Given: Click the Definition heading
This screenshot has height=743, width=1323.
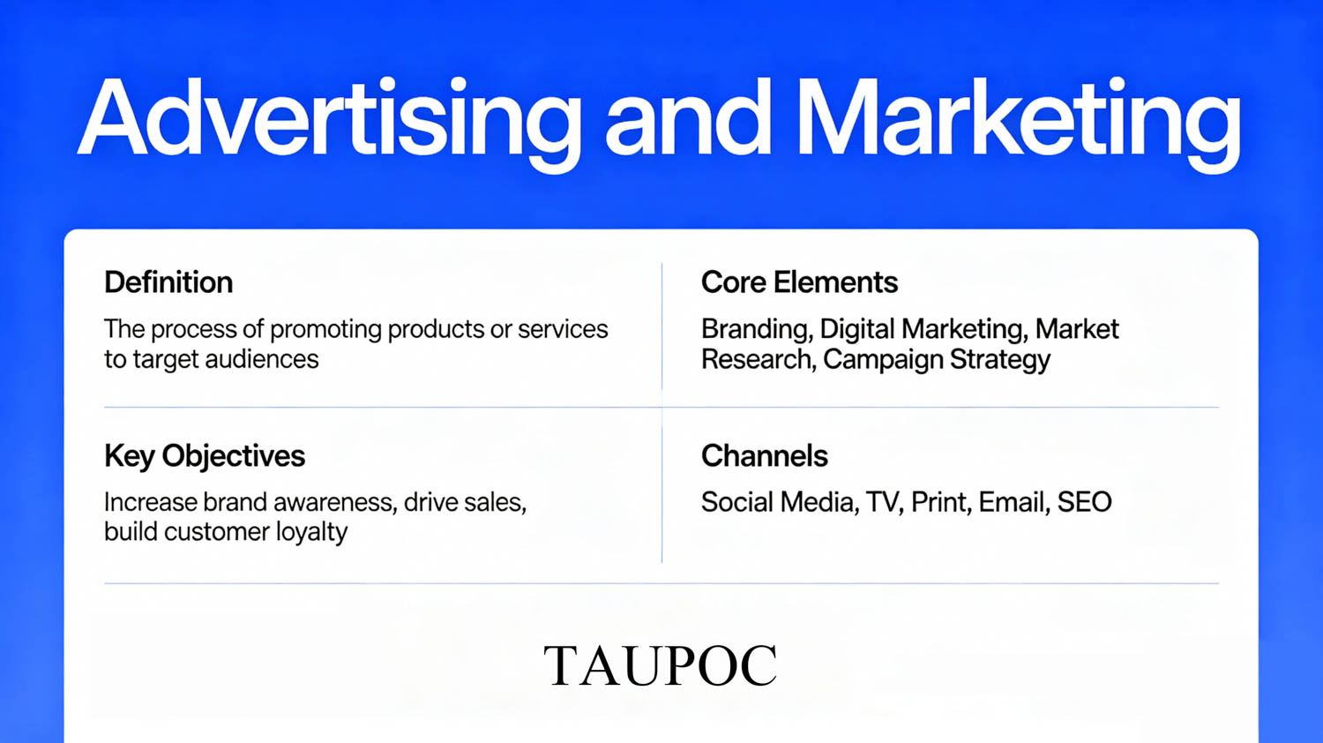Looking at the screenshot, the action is point(168,282).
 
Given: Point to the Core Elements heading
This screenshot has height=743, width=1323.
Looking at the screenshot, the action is point(799,282).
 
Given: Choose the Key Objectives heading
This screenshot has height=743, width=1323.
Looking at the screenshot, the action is point(205,456).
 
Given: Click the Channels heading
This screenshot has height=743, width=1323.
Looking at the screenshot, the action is point(765,455).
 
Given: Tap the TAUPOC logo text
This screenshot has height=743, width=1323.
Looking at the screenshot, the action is point(661,665).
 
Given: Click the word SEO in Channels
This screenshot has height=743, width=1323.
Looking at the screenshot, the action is point(1084,502).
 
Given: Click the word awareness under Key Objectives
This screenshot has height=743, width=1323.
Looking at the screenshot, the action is point(334,502).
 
